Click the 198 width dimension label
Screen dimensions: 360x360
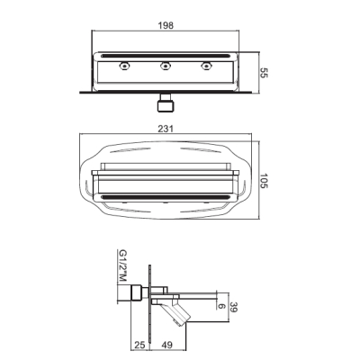[x=166, y=25]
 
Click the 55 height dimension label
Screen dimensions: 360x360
[x=263, y=73]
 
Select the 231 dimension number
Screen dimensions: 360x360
[x=166, y=129]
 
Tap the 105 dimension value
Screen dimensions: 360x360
[x=263, y=181]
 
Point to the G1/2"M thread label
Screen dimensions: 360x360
[x=122, y=265]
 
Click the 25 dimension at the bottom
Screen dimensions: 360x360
[x=139, y=345]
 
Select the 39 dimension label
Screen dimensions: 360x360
[x=233, y=307]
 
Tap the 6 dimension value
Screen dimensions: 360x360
[x=221, y=306]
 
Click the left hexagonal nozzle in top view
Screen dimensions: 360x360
[x=124, y=66]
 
